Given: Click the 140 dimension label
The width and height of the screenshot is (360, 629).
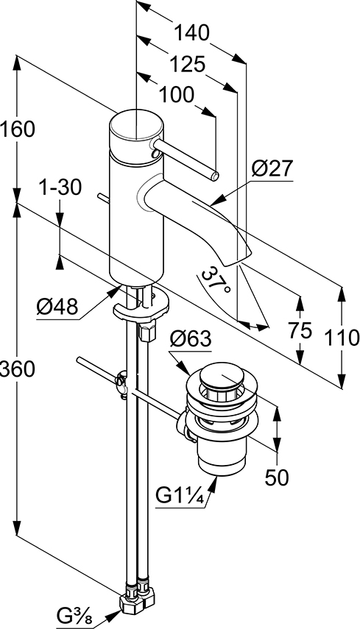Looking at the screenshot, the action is point(191,32).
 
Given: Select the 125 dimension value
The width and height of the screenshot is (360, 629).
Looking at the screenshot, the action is point(186,64).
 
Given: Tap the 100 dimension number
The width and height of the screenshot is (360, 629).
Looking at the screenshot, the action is point(176,95).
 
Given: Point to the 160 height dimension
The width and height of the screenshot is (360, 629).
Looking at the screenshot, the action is point(18,129).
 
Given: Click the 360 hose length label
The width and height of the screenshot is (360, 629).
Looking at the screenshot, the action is point(18,369).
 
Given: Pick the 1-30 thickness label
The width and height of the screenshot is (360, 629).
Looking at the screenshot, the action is point(60,187).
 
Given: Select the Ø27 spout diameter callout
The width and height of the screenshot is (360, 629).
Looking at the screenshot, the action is point(272,169).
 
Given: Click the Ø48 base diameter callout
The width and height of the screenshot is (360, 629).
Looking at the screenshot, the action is point(57,308).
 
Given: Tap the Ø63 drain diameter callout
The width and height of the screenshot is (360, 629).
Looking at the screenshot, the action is point(190,339).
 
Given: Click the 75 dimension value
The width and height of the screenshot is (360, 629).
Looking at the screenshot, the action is point(300,330).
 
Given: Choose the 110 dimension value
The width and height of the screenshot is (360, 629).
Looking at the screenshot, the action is point(342,338).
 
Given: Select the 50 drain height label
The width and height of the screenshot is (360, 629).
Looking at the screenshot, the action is point(277,477).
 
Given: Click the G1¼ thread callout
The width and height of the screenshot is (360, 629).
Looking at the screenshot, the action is point(180,497).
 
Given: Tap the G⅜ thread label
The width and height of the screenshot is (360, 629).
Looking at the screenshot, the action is point(74,616).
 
